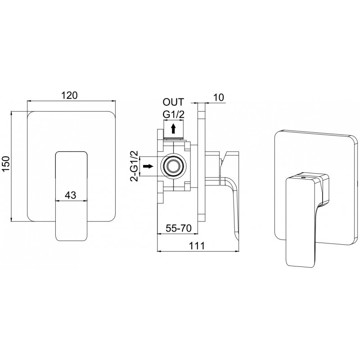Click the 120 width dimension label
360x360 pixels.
70,95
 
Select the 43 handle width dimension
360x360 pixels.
70,195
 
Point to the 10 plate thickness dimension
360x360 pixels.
219,97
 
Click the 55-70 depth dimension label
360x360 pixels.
179,229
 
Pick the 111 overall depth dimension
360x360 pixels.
197,246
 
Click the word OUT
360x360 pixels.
173,102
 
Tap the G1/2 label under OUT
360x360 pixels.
174,115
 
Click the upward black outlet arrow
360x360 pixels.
174,129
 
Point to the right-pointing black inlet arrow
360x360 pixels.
148,166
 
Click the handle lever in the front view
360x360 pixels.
72,196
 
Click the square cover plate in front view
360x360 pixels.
72,166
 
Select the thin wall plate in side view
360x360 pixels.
201,162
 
